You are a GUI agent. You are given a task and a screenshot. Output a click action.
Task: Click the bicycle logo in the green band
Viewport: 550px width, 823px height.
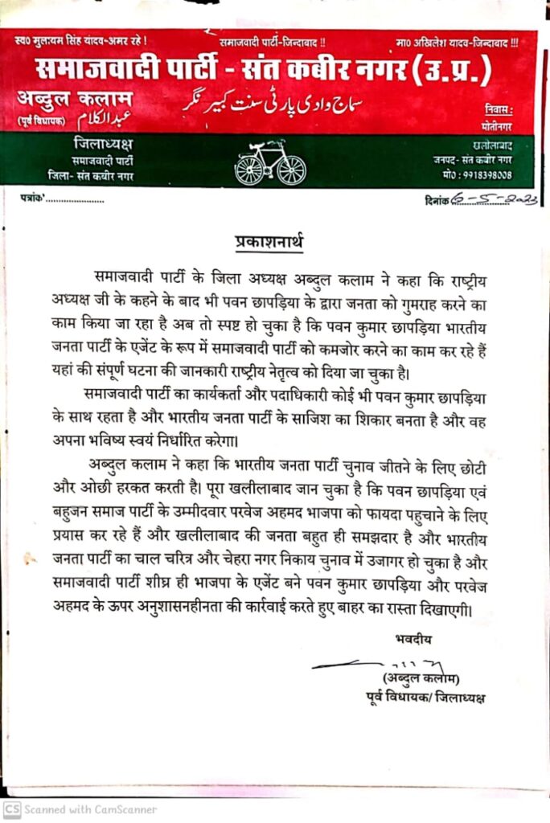pos(270,166)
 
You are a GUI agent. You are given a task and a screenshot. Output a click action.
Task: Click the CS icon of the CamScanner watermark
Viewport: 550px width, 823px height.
pos(12,809)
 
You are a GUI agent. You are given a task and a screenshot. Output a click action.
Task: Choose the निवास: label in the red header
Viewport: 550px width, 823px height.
pos(499,108)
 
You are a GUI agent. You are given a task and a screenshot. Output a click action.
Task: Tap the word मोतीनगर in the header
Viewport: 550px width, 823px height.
pos(498,126)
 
